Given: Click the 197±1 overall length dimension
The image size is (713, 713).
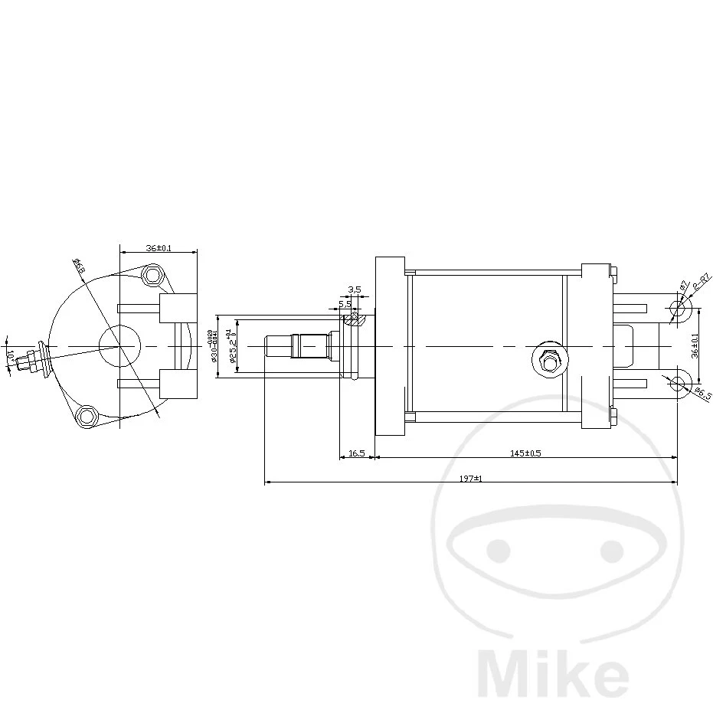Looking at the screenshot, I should tap(471, 478).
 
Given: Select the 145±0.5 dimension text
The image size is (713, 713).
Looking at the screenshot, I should tap(525, 453).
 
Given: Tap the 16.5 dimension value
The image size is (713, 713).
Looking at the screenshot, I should tap(356, 453).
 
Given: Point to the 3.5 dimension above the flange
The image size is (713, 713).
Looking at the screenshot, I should tap(354, 289).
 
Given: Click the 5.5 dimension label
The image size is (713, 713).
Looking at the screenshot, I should tap(345, 303).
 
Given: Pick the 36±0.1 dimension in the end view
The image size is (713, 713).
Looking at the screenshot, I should tap(159, 248).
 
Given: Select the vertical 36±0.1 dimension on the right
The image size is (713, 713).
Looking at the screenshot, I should tap(695, 345).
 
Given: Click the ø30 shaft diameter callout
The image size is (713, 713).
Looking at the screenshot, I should tap(211, 345).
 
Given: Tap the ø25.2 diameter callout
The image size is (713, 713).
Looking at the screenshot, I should tap(229, 345).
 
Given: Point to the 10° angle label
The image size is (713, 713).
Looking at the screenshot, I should tap(10, 356).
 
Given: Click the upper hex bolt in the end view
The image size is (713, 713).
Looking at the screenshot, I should tap(155, 274).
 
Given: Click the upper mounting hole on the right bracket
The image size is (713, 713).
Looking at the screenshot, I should tap(678, 309).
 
